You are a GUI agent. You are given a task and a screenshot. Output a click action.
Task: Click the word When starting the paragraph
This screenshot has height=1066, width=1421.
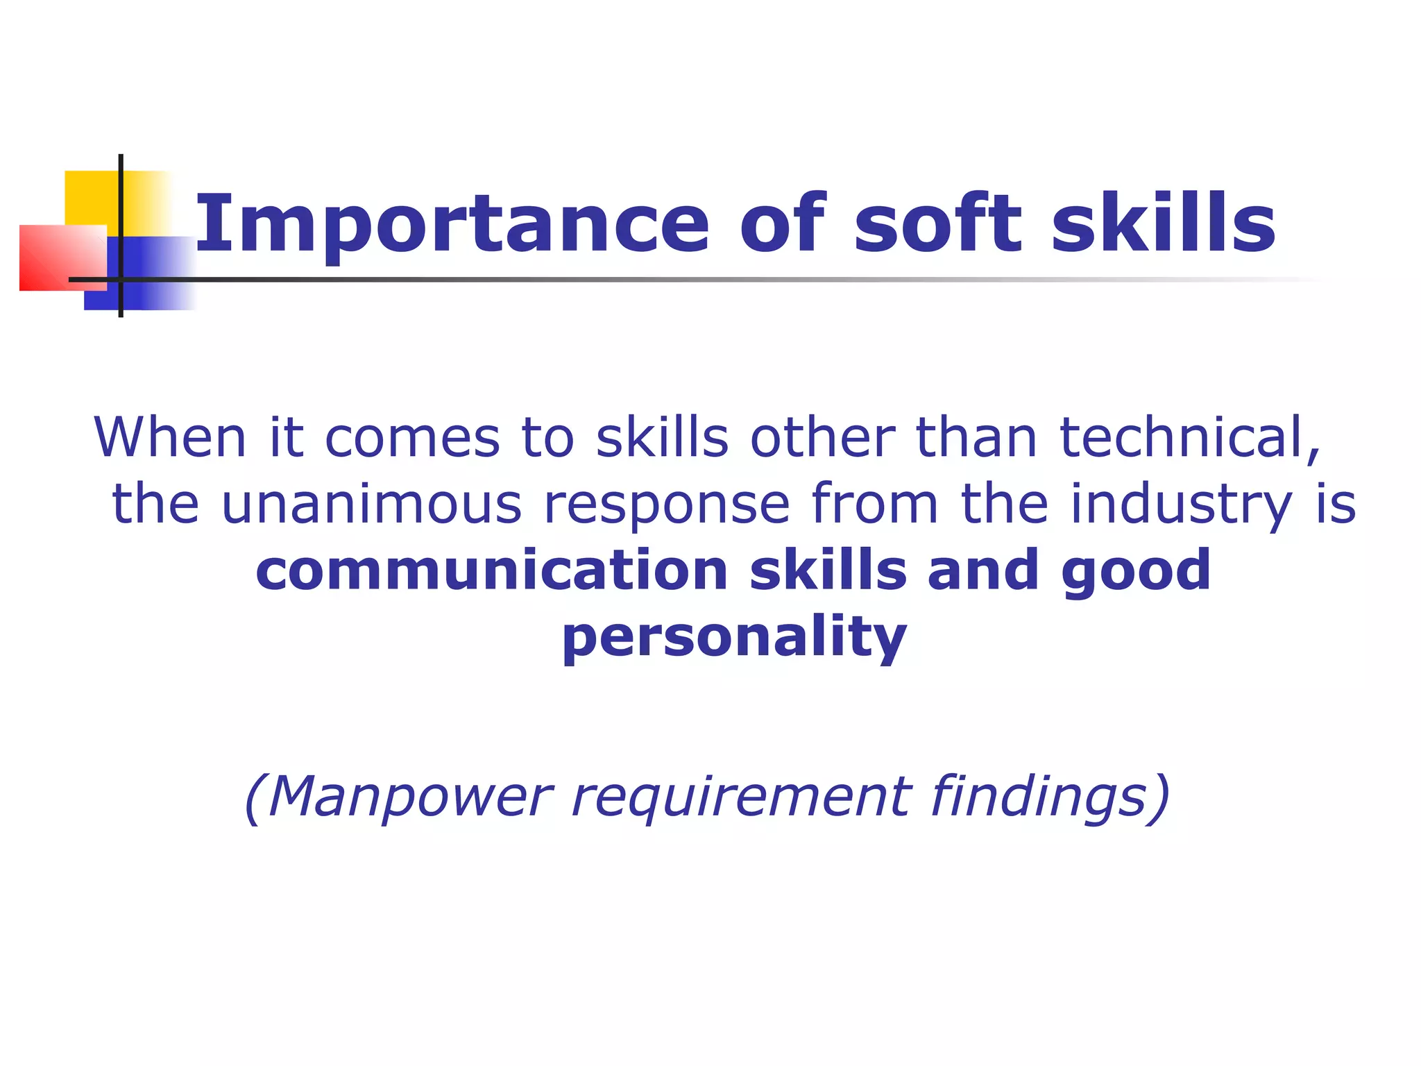(x=171, y=437)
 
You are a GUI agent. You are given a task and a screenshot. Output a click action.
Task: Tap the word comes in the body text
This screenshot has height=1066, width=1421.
(x=412, y=437)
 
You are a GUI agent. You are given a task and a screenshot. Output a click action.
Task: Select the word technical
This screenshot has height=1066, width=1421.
(x=1189, y=437)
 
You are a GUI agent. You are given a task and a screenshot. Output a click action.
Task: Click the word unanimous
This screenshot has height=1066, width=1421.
(x=372, y=503)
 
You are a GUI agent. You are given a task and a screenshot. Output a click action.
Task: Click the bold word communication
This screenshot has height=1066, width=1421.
(x=492, y=569)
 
